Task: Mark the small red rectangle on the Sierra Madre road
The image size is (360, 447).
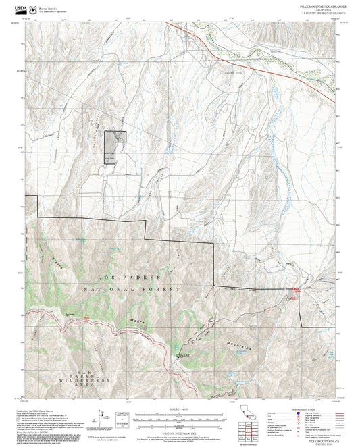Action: [86, 317]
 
